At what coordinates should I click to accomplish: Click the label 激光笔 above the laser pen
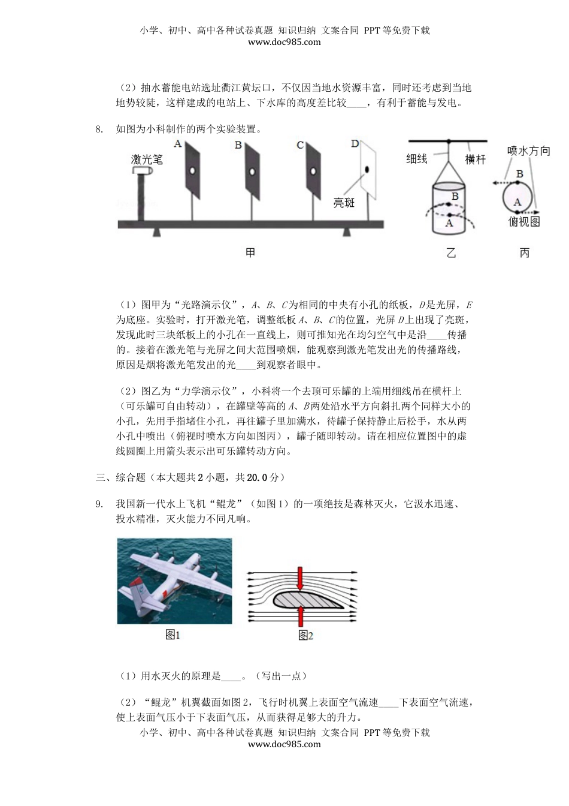tap(147, 159)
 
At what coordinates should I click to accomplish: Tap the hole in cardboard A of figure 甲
tap(192, 171)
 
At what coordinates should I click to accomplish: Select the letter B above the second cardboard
tap(238, 145)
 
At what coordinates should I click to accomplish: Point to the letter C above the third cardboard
tap(300, 145)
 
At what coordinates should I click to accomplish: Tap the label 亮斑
tap(344, 203)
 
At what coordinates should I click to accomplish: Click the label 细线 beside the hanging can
tap(417, 159)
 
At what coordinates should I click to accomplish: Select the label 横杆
tap(475, 160)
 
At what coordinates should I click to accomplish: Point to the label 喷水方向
tap(528, 151)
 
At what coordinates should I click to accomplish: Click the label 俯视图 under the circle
tap(524, 222)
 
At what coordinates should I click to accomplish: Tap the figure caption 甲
tap(250, 252)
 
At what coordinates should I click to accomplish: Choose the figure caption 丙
tap(524, 253)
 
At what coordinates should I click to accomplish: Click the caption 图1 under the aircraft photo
tap(173, 635)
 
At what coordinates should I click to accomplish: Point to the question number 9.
tap(99, 504)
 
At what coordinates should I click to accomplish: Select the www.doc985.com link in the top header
tap(284, 42)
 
